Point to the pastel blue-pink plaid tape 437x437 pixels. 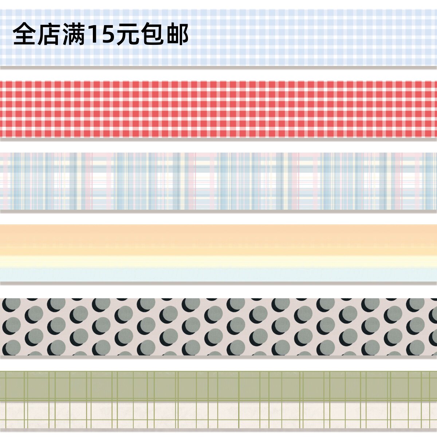219,181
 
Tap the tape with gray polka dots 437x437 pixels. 219,327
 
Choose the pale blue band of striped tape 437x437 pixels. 219,275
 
